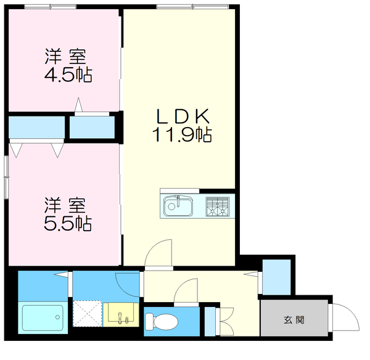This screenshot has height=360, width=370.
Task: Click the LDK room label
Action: pyautogui.click(x=183, y=116)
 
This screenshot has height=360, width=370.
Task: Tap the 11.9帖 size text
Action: pyautogui.click(x=183, y=134)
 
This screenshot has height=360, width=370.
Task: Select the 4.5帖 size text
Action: pyautogui.click(x=67, y=75)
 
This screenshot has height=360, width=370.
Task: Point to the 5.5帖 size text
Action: pyautogui.click(x=67, y=223)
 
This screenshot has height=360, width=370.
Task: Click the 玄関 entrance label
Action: pyautogui.click(x=294, y=320)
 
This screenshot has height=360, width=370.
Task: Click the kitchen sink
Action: pyautogui.click(x=178, y=205)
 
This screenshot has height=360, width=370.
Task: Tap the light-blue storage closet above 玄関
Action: pyautogui.click(x=277, y=277)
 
